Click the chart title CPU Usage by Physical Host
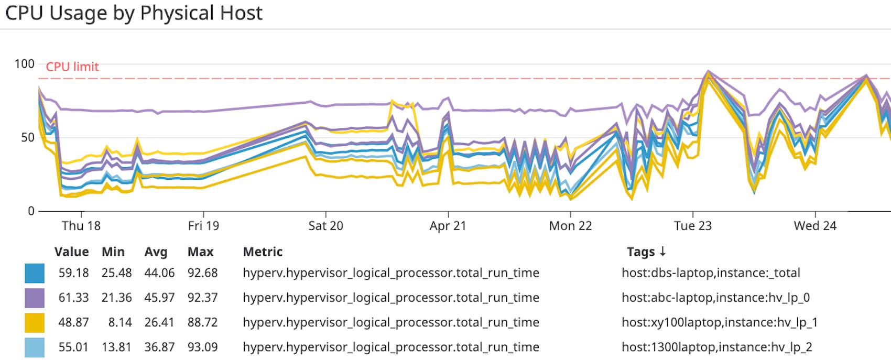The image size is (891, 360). click(134, 13)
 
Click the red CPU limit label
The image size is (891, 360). click(72, 67)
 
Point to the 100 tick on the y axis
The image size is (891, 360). click(24, 64)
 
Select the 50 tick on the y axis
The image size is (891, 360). click(27, 138)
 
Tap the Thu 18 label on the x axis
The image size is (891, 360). click(81, 226)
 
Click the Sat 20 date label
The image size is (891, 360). click(325, 226)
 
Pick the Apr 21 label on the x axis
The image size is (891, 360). click(448, 226)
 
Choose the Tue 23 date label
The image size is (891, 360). click(692, 226)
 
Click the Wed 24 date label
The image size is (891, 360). click(815, 226)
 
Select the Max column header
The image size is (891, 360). click(200, 252)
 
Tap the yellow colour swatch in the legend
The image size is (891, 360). click(35, 322)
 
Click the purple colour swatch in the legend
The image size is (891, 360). click(35, 298)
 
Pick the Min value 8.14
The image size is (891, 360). click(119, 322)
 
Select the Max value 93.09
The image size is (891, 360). click(202, 347)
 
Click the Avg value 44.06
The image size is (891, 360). click(159, 273)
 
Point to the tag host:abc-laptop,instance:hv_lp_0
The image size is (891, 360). click(715, 298)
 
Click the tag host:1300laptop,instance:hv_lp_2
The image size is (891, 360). click(716, 347)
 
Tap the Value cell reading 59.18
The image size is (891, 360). click(73, 273)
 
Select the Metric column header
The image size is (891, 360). click(263, 252)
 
